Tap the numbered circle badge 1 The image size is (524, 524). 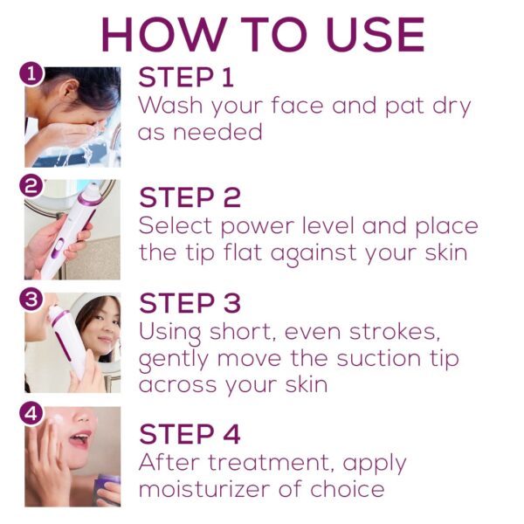[x=31, y=74]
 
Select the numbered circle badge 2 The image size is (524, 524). [x=31, y=186]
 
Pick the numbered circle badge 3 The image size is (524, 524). [x=31, y=299]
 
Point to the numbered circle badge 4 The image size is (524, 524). [x=31, y=413]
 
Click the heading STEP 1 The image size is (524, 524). [x=186, y=77]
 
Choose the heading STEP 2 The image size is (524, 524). [x=190, y=197]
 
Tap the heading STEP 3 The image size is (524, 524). [x=190, y=303]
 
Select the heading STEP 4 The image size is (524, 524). [x=190, y=434]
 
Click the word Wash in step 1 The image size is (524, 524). [x=170, y=105]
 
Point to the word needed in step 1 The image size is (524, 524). [x=217, y=132]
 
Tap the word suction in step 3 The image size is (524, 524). [x=378, y=358]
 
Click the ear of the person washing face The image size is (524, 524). [x=71, y=91]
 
